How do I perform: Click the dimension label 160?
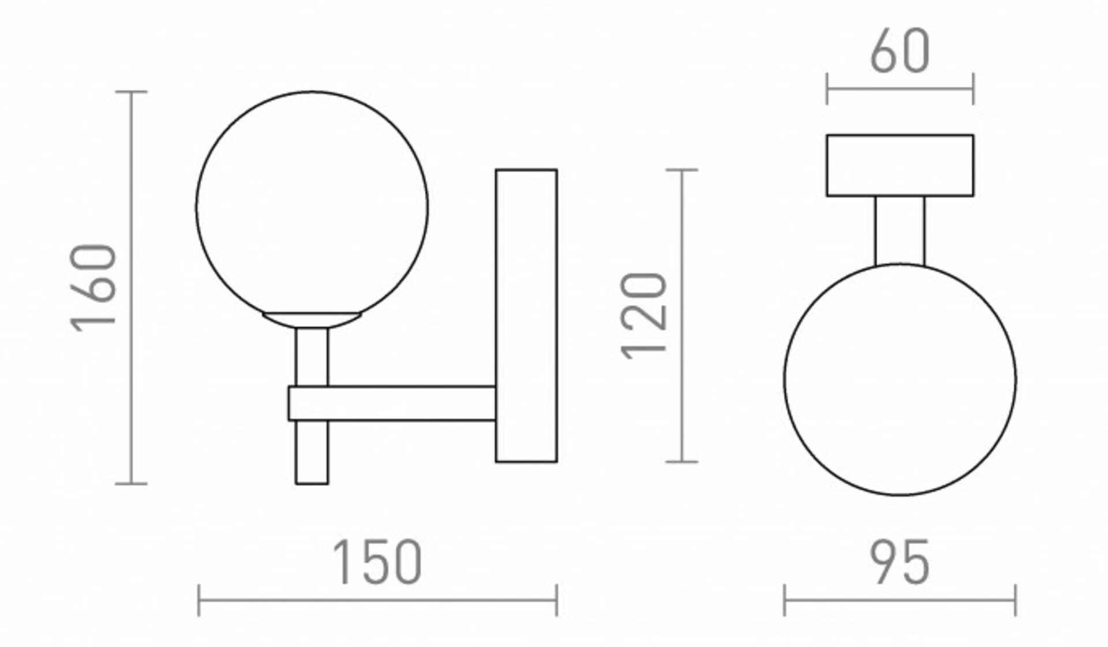click(93, 288)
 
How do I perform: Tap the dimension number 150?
click(377, 562)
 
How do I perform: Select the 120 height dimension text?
click(643, 316)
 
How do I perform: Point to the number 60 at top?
click(900, 51)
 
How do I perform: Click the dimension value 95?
click(900, 562)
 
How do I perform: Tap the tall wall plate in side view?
click(526, 316)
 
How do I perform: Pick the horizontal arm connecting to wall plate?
click(392, 403)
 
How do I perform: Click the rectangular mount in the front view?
click(900, 166)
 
